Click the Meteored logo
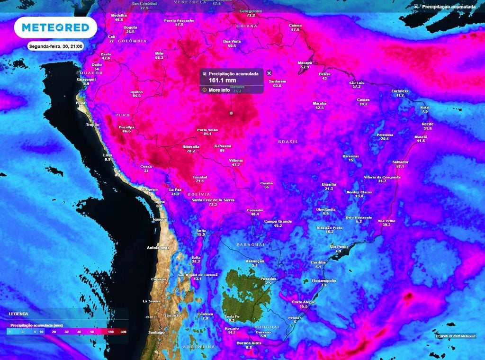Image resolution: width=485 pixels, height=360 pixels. [56, 27]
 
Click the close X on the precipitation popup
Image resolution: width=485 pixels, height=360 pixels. [269, 73]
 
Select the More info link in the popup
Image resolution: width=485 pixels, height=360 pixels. [219, 90]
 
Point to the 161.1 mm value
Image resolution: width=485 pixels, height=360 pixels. [223, 81]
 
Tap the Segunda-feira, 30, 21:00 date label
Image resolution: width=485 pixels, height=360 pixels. [56, 47]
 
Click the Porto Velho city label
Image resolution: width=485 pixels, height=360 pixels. [207, 130]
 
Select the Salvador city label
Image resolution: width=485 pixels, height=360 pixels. [400, 162]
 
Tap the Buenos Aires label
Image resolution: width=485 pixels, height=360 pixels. [249, 342]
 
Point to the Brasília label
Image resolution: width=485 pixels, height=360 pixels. [329, 184]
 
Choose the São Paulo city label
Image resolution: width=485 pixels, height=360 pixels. [338, 247]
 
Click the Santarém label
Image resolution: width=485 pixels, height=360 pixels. [277, 81]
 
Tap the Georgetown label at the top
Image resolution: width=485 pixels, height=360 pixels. [251, 10]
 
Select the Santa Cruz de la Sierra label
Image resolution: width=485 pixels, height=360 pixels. [213, 200]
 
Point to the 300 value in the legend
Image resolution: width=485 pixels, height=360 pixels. [123, 332]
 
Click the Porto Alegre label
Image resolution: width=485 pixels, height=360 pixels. [303, 302]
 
